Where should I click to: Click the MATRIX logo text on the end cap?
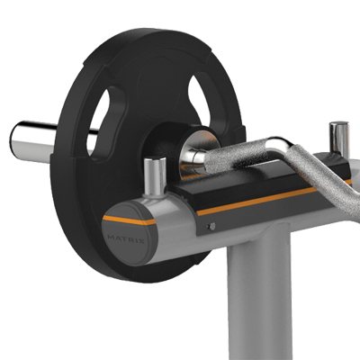[126, 239]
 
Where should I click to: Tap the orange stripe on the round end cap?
[130, 220]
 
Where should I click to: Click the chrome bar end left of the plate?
[32, 141]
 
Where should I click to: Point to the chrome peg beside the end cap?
[155, 175]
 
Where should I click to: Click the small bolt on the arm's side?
[212, 226]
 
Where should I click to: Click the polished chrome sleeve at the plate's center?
[195, 156]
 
